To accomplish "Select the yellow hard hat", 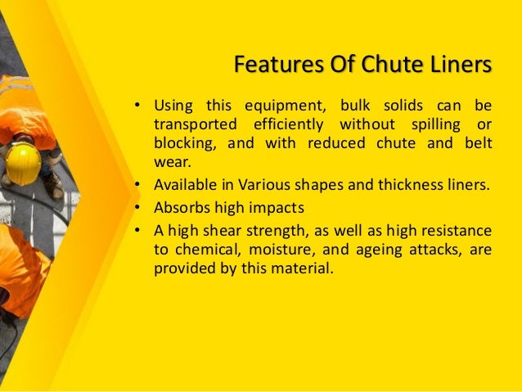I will click(x=23, y=163).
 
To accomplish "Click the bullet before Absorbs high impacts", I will click(x=138, y=204).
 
